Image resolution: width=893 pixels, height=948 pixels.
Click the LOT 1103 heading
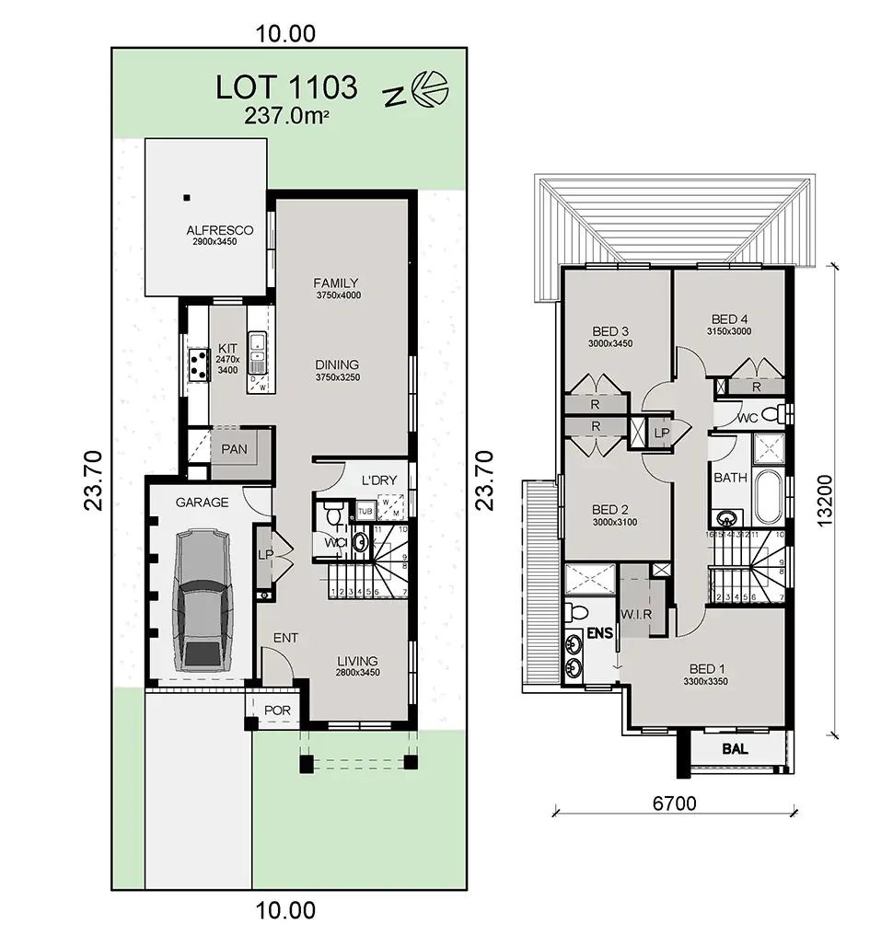click(286, 87)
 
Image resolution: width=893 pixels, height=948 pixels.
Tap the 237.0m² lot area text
click(286, 116)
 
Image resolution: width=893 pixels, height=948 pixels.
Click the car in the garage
click(202, 599)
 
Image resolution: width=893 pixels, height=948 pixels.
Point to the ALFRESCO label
click(219, 230)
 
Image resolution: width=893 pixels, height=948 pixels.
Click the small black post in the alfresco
click(186, 197)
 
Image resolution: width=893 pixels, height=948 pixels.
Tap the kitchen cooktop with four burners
click(197, 364)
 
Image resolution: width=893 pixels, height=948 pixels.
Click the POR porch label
click(276, 711)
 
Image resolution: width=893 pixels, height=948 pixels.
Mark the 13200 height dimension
click(824, 501)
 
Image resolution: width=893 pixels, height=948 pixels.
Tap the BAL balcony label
click(735, 749)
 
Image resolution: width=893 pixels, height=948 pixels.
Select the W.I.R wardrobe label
click(637, 614)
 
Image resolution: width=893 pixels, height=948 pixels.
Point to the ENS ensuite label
click(598, 634)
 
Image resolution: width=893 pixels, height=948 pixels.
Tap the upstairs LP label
click(661, 432)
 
